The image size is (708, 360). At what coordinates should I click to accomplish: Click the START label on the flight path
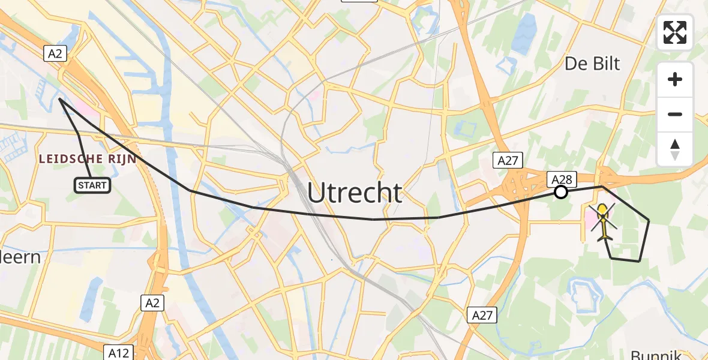pyautogui.click(x=92, y=185)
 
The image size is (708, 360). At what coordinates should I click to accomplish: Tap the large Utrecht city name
pyautogui.click(x=355, y=193)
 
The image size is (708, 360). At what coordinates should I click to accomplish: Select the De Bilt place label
pyautogui.click(x=592, y=64)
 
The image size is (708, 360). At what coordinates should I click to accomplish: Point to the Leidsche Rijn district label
pyautogui.click(x=88, y=159)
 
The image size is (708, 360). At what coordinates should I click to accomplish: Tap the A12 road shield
pyautogui.click(x=119, y=353)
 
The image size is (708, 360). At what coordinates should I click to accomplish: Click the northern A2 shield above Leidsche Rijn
pyautogui.click(x=55, y=54)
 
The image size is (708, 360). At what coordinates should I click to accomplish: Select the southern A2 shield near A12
pyautogui.click(x=152, y=303)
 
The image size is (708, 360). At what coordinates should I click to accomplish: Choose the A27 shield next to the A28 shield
pyautogui.click(x=508, y=160)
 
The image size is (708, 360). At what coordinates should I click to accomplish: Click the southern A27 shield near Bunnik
pyautogui.click(x=483, y=315)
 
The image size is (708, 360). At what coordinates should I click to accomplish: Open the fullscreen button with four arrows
pyautogui.click(x=675, y=32)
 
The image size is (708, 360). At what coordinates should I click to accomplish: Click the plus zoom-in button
pyautogui.click(x=675, y=79)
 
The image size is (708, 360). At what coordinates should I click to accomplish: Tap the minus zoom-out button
pyautogui.click(x=675, y=114)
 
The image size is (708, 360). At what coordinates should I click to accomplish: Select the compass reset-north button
pyautogui.click(x=675, y=149)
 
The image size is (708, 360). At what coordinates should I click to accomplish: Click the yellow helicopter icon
pyautogui.click(x=603, y=221)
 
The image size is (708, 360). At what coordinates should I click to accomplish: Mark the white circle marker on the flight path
pyautogui.click(x=560, y=192)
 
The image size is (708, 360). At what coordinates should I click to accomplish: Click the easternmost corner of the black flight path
pyautogui.click(x=649, y=220)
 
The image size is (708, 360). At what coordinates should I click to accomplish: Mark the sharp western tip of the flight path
pyautogui.click(x=59, y=100)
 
